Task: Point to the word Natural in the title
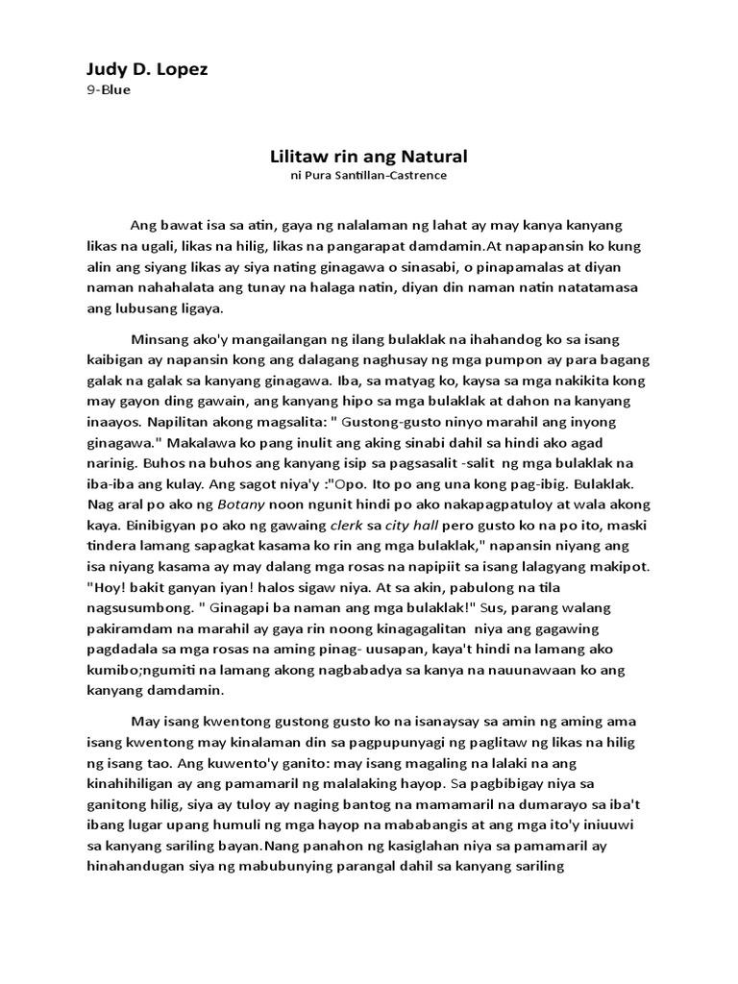tap(434, 155)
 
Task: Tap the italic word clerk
tap(346, 526)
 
